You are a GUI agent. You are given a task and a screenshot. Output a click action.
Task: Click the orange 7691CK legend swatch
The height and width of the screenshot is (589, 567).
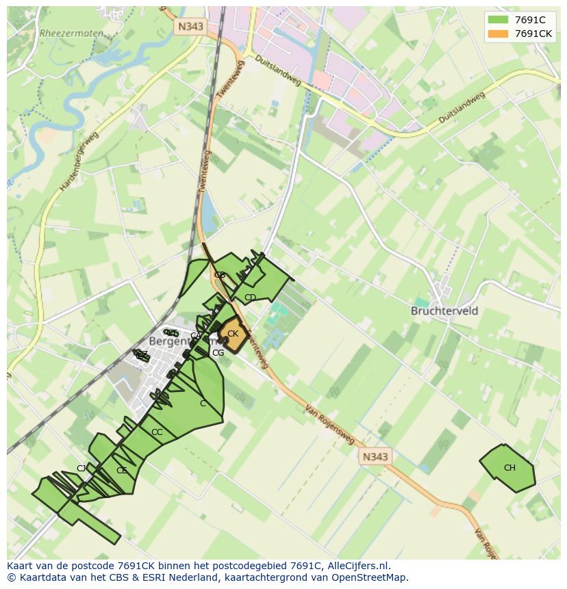click(499, 34)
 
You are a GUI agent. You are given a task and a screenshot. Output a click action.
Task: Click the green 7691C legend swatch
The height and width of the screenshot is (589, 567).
click(499, 20)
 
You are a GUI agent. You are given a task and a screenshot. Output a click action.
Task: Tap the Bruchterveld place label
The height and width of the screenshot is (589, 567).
click(444, 311)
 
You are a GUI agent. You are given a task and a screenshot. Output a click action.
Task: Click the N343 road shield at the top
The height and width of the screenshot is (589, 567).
click(190, 27)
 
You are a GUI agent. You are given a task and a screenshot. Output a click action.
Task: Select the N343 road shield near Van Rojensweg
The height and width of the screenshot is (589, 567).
click(375, 456)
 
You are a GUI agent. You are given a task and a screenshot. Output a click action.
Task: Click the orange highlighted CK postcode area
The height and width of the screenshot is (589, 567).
click(233, 335)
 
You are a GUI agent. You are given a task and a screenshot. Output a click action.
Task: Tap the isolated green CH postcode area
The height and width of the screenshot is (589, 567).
click(508, 468)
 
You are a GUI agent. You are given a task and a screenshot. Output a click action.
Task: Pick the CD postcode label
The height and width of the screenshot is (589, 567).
click(250, 298)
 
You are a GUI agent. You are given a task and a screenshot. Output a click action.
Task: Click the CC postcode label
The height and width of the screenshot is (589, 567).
click(157, 432)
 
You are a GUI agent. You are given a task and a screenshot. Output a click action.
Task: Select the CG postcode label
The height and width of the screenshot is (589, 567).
click(218, 353)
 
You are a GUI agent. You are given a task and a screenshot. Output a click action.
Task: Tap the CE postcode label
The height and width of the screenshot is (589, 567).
click(121, 471)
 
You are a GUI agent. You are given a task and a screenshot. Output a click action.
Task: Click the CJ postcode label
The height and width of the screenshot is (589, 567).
click(81, 469)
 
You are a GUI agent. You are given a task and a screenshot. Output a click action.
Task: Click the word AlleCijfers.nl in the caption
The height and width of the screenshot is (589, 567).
click(357, 566)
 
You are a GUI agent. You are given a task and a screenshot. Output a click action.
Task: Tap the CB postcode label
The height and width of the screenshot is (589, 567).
click(219, 275)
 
